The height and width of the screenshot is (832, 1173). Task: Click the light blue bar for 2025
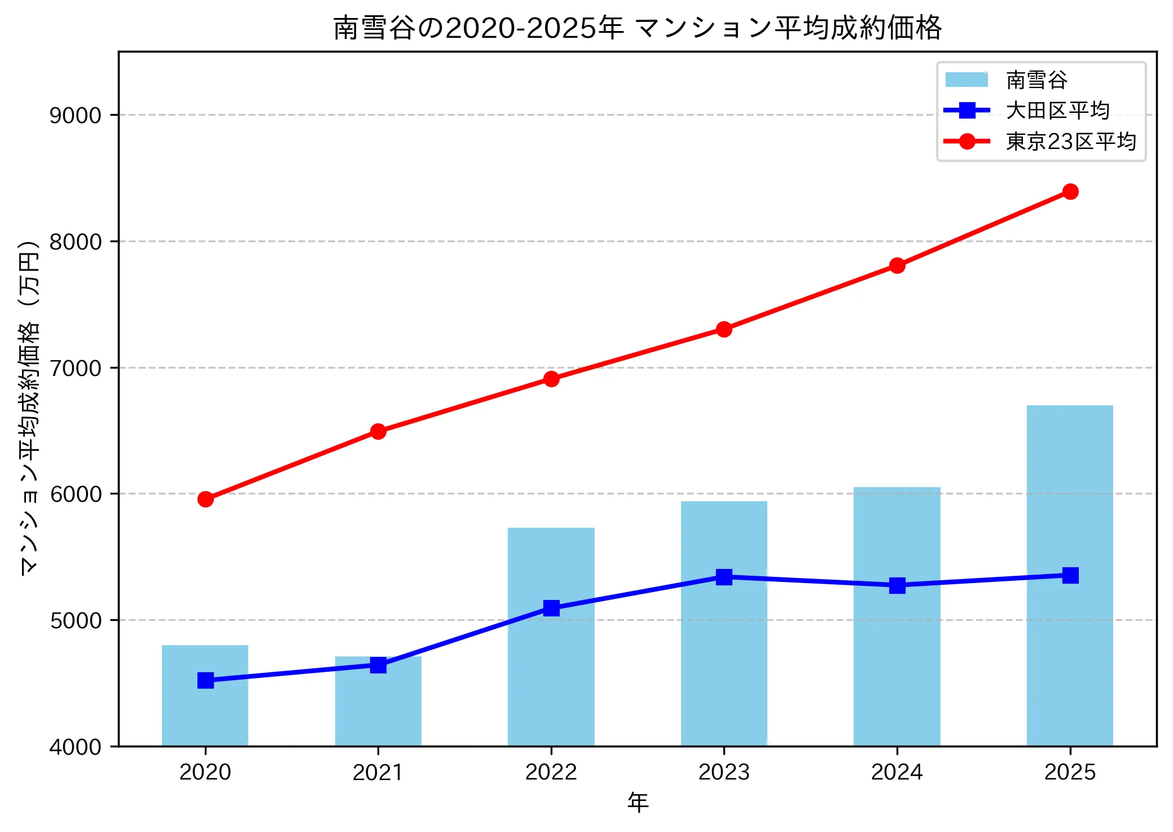point(1069,649)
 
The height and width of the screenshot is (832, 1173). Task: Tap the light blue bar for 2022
point(551,677)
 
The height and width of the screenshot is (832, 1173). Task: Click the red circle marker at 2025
point(1070,192)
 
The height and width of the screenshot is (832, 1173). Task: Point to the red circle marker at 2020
point(205,499)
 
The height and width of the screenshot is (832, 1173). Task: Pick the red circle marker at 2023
point(724,329)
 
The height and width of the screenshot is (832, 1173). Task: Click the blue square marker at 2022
point(551,608)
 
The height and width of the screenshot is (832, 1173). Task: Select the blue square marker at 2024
point(897,585)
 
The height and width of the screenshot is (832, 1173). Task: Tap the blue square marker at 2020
point(205,680)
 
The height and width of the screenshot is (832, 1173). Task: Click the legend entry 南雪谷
point(1036,80)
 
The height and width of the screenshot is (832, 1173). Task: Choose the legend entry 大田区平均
point(1057,111)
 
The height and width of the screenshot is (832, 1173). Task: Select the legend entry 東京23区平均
point(1070,142)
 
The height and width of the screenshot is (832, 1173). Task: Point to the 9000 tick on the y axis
point(75,116)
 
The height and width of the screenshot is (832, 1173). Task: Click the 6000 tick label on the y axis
point(75,494)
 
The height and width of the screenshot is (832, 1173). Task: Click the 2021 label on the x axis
point(377,772)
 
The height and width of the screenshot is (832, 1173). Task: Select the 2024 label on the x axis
point(897,772)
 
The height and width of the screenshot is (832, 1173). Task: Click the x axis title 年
point(638,802)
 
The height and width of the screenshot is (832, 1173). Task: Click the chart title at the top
point(638,28)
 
